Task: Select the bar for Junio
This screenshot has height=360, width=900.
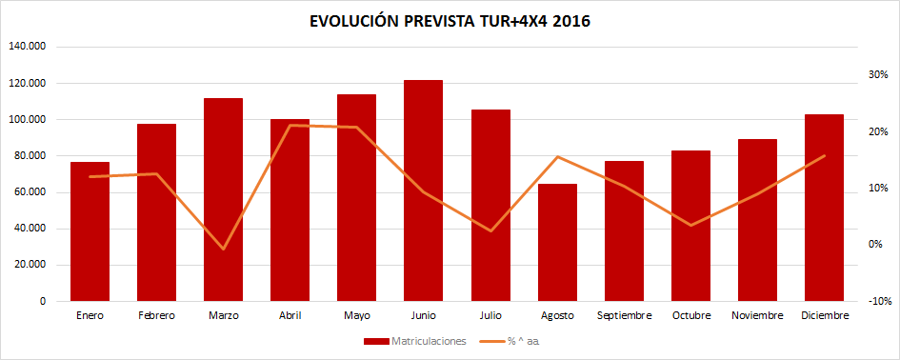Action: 424,190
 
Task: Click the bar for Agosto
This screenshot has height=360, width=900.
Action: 557,242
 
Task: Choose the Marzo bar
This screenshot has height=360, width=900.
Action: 223,199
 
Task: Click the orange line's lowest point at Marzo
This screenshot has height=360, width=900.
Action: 223,250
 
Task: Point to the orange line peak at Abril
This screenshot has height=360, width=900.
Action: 290,125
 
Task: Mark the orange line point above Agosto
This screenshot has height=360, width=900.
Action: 557,156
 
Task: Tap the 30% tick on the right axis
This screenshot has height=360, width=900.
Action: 878,74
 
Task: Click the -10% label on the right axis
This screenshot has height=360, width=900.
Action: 878,301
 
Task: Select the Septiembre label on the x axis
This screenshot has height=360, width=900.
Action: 624,315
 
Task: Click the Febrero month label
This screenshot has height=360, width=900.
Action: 156,315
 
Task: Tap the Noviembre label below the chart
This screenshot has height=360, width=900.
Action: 757,315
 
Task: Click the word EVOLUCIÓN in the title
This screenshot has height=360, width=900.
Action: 358,21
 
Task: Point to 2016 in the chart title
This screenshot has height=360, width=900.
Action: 570,21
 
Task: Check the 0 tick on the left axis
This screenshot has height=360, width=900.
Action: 43,301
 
